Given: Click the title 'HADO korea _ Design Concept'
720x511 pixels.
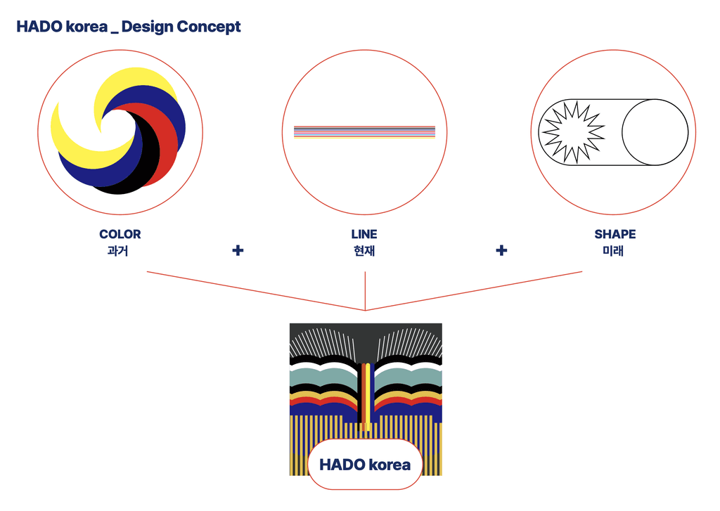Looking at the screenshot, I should coord(129,27).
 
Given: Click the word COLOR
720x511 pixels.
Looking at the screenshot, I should coord(120,235).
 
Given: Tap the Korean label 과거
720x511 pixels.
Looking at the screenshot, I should coord(120,250).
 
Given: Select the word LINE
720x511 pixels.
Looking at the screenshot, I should coord(364,235).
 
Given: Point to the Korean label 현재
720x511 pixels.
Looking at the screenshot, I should coord(364,250).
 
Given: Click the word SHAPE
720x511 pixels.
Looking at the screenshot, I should coord(615,235).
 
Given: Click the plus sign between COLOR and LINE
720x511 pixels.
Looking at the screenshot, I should coord(238,250).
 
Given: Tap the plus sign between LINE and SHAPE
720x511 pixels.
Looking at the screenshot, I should coord(501,250).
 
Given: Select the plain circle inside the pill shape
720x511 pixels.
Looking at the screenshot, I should coord(655,132).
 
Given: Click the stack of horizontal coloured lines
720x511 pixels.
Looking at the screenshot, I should coord(364,132).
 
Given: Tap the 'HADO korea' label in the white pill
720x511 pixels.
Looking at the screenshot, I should coord(365,465).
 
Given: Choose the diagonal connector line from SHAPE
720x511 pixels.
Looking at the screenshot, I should coord(474,290).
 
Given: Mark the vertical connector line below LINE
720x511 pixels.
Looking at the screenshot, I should coord(365,290).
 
